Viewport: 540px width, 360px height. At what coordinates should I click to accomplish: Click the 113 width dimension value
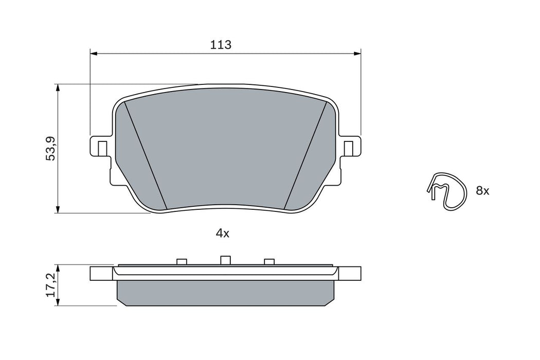click(x=221, y=45)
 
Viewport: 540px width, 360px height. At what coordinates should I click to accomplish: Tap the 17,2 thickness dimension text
click(x=50, y=285)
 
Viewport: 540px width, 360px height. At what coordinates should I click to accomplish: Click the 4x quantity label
click(x=222, y=233)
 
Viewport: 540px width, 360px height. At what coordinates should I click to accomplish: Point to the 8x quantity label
click(x=482, y=191)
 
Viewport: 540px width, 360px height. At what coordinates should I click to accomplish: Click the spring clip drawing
click(x=446, y=190)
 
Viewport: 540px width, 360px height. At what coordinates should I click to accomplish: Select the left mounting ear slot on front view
click(x=102, y=148)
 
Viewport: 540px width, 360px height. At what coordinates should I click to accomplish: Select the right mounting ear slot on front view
click(x=348, y=148)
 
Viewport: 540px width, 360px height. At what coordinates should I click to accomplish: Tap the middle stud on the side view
click(x=224, y=260)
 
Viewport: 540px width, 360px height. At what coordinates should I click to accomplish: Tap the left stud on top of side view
click(x=181, y=262)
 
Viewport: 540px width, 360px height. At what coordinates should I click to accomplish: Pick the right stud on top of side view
click(x=269, y=262)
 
